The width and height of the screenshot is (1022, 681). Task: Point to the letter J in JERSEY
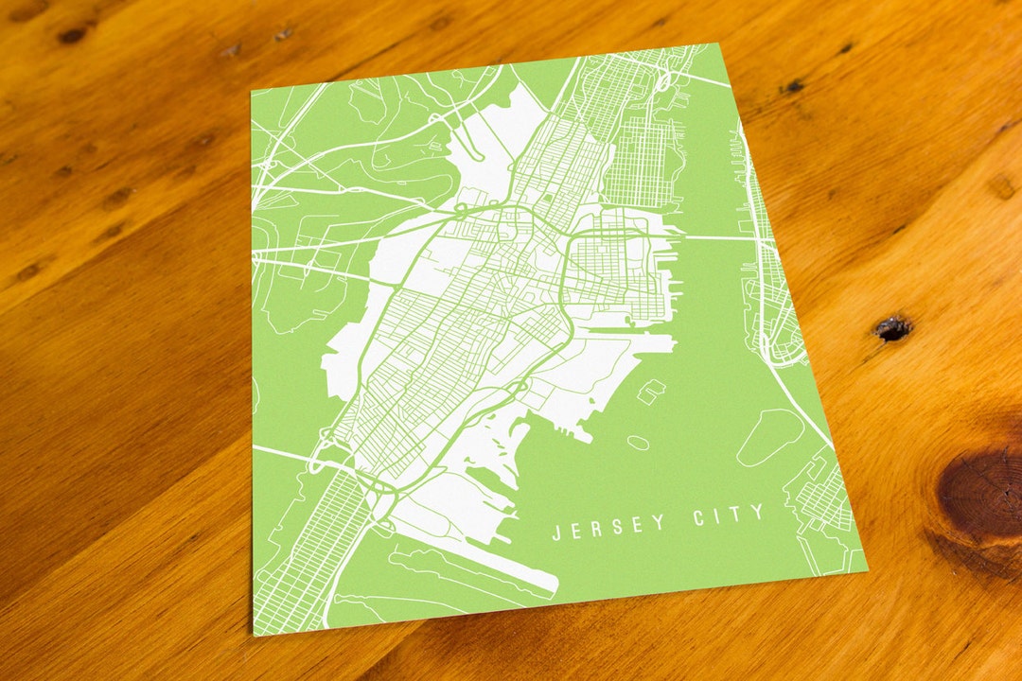click(x=557, y=533)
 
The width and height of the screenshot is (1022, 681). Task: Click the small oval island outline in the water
click(x=638, y=442)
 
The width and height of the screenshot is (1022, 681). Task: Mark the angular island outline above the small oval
click(x=650, y=391)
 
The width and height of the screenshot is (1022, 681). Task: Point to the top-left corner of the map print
click(x=252, y=92)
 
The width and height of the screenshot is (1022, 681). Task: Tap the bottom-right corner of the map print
click(x=867, y=571)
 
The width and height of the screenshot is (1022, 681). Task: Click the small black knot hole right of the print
click(x=890, y=328)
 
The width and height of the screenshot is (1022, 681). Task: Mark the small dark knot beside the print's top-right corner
click(x=791, y=87)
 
